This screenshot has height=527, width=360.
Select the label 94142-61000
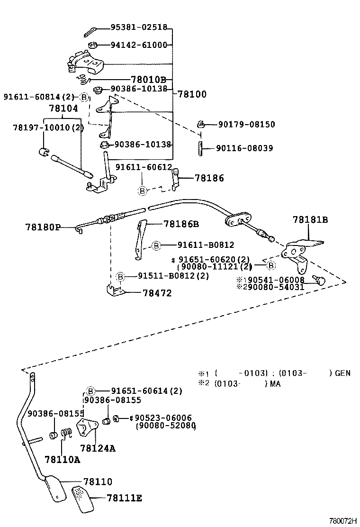(x=139, y=45)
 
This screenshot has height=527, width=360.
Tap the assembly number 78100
(x=192, y=94)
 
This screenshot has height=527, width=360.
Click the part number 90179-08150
(x=246, y=125)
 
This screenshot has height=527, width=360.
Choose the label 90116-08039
(x=244, y=148)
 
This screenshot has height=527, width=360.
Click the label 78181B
(x=310, y=220)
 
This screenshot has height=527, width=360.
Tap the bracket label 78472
(x=157, y=293)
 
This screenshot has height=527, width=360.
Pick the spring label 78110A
(x=62, y=459)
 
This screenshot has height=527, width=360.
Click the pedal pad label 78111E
(x=124, y=498)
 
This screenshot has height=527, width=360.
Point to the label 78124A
(x=98, y=448)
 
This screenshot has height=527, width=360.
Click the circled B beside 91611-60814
(x=84, y=97)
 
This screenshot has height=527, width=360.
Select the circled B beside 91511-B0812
(x=120, y=276)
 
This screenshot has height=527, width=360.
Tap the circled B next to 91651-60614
(x=91, y=391)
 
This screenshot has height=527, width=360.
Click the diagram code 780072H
(x=343, y=520)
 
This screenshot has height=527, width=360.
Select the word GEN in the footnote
(x=342, y=373)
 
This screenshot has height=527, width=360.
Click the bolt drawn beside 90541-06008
(x=320, y=281)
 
